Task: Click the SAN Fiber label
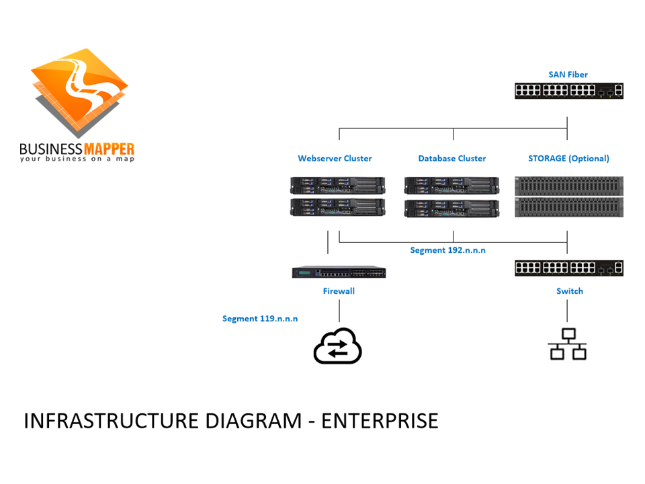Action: [568, 74]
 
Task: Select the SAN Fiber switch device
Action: [568, 90]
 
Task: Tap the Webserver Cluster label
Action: [335, 159]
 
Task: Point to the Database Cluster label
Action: [451, 159]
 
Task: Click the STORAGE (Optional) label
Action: [568, 159]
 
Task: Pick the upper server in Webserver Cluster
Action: [337, 186]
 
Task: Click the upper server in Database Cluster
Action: [451, 186]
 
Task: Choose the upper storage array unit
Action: [568, 186]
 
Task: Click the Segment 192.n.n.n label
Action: [447, 250]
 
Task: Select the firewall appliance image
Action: [339, 272]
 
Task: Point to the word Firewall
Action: [339, 291]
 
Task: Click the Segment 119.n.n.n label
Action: [260, 318]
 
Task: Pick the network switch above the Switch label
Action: [568, 268]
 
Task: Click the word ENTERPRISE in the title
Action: [380, 421]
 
